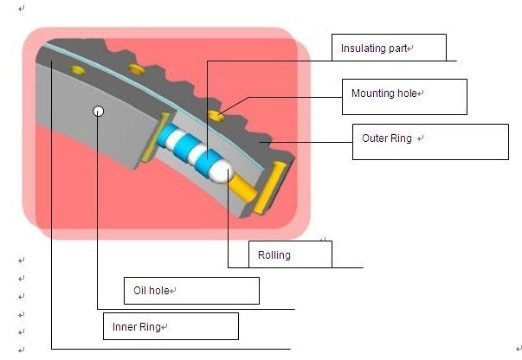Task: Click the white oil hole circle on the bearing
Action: pos(99,111)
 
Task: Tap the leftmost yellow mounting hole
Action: pos(77,68)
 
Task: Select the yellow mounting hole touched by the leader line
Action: pos(216,114)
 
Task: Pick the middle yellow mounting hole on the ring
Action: pos(134,68)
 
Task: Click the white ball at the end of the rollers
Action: pos(219,171)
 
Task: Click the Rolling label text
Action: pos(274,255)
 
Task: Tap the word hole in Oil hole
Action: pos(159,291)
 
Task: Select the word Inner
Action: pos(126,327)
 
